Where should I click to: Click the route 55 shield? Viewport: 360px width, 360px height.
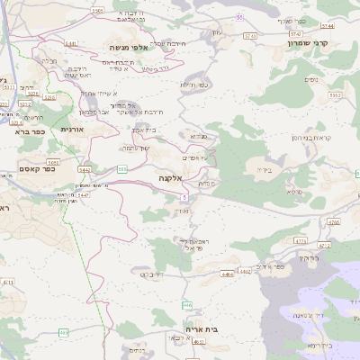coord(239,17)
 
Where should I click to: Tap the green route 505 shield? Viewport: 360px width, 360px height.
coord(121,168)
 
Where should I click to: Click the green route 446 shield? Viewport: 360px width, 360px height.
coord(187,305)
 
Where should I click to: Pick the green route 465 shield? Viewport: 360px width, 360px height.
coord(63,333)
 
